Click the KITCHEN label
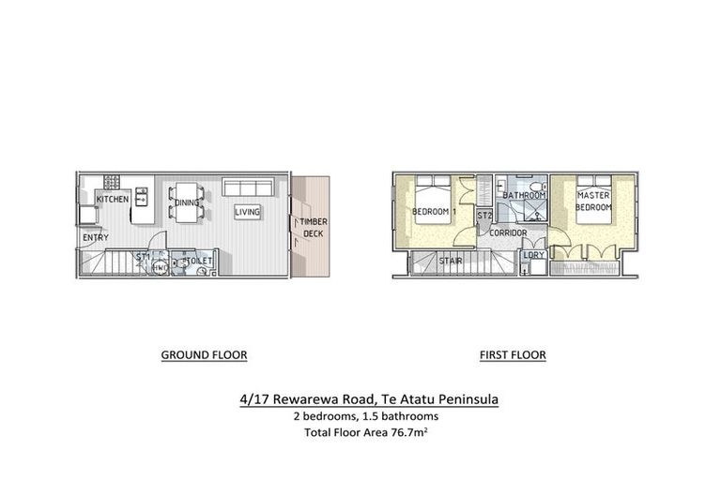[112, 200]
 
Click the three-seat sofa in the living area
[247, 189]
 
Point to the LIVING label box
[247, 212]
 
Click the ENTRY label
[96, 237]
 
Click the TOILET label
[198, 261]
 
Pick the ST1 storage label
[143, 256]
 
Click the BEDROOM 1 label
[433, 212]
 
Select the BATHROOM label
[523, 195]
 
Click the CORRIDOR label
[508, 232]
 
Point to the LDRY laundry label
[533, 254]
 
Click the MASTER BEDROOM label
[593, 200]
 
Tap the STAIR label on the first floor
[452, 262]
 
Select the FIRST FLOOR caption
[513, 355]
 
